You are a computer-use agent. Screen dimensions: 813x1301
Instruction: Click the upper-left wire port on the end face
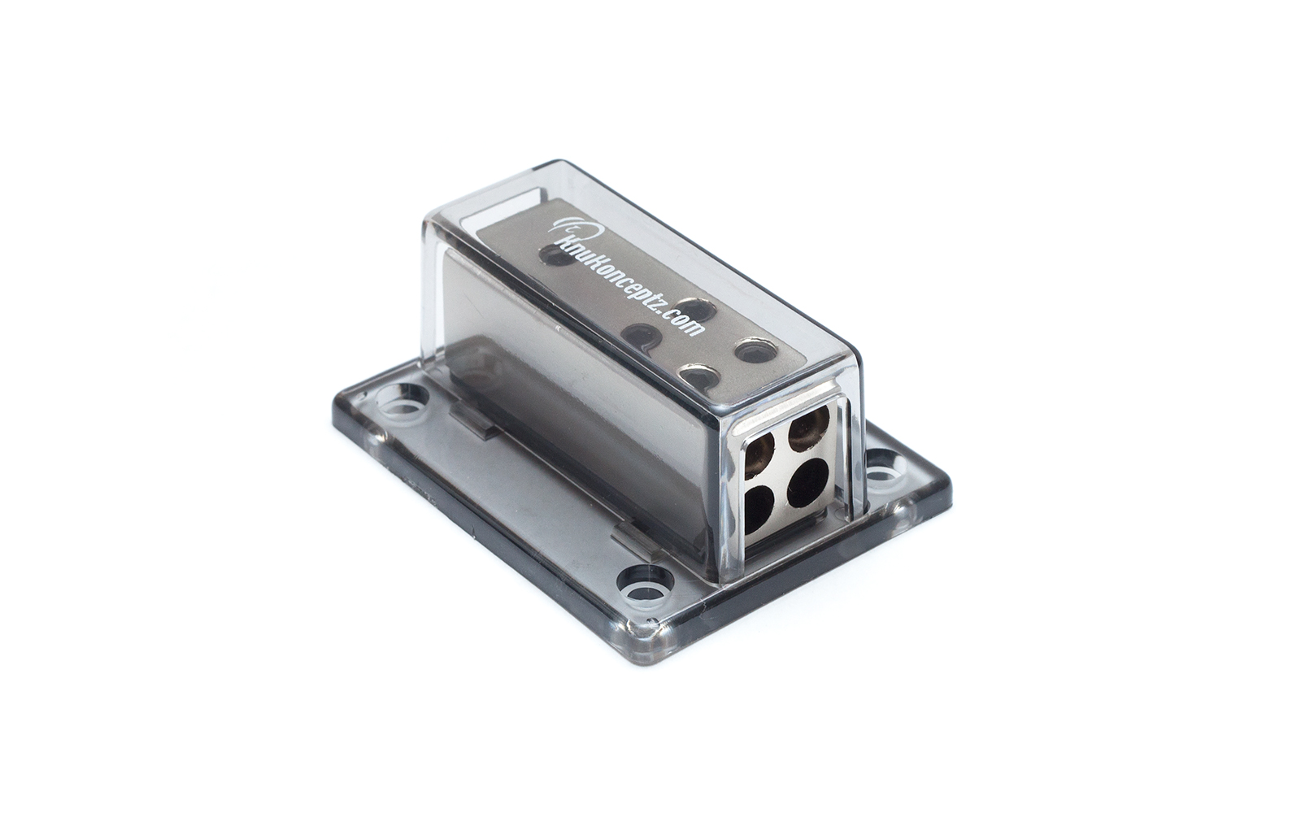pyautogui.click(x=766, y=450)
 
